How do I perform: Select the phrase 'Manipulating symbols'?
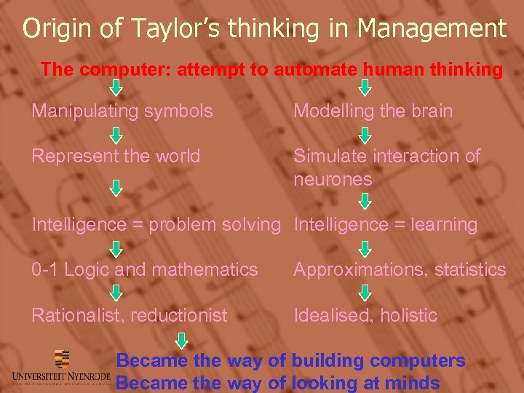[122, 111]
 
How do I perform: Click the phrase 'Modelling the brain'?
[373, 111]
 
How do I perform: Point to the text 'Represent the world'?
[116, 156]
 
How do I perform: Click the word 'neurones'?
[333, 180]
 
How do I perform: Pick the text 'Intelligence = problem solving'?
[156, 225]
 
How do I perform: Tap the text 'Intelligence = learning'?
[385, 225]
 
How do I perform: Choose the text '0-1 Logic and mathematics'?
[144, 270]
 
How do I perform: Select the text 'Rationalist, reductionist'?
[129, 315]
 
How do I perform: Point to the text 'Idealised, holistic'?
[365, 315]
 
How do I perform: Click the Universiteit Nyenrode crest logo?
[62, 359]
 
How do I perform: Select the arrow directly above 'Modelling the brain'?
[366, 88]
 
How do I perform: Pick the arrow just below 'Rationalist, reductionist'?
[182, 340]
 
